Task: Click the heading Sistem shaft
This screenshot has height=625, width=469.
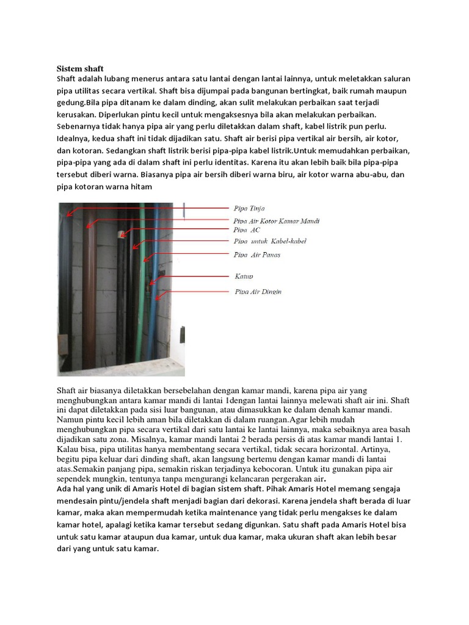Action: (x=81, y=69)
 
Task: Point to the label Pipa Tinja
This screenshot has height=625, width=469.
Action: (x=249, y=209)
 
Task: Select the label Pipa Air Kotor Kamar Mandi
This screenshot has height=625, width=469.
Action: (x=277, y=221)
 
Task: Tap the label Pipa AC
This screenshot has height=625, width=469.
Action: (x=247, y=230)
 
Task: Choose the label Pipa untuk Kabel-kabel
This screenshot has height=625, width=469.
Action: (x=270, y=242)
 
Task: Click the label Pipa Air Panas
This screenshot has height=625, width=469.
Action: (x=257, y=255)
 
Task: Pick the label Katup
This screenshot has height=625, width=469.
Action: (x=244, y=276)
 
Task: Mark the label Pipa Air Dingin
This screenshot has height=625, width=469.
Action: (x=258, y=292)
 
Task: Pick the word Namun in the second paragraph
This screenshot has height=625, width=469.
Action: (x=71, y=420)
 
